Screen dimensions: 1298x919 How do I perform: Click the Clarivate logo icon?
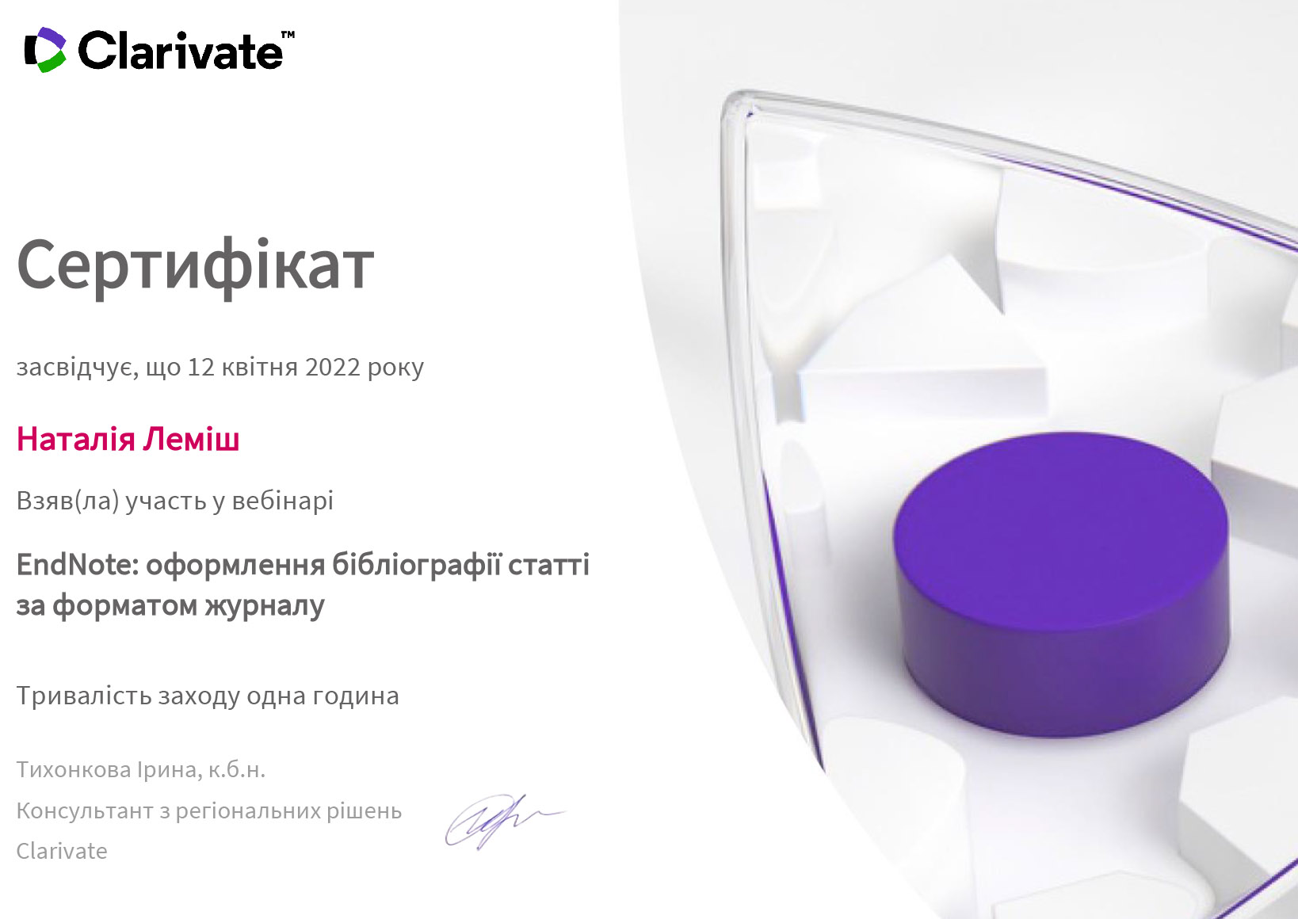(x=45, y=50)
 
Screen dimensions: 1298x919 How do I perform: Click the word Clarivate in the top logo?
(x=180, y=51)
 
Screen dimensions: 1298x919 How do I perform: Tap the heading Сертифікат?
(x=195, y=266)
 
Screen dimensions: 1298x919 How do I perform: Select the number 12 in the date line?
(x=201, y=368)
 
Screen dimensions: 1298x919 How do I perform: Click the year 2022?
(x=332, y=368)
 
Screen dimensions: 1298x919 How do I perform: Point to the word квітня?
(x=260, y=368)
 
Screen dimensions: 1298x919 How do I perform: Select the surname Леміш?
(x=191, y=439)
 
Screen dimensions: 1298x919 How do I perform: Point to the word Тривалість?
(x=83, y=696)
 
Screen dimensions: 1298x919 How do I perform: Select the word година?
(x=356, y=696)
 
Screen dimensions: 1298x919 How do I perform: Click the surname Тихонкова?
(x=74, y=770)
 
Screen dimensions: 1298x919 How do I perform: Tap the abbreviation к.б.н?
(x=236, y=770)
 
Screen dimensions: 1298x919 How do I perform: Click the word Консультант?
(x=85, y=811)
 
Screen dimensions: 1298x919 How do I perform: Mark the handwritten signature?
(x=503, y=822)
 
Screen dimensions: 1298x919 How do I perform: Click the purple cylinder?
(x=1060, y=585)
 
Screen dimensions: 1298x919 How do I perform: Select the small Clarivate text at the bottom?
(x=62, y=852)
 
